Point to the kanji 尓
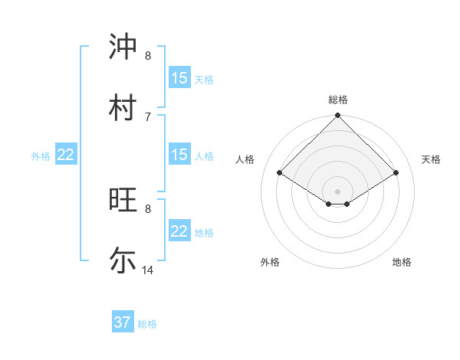[x=123, y=260]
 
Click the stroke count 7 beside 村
[x=148, y=116]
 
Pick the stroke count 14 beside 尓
[x=148, y=270]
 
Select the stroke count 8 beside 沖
[x=148, y=55]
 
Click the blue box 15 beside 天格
[x=179, y=77]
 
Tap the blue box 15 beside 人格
[x=179, y=155]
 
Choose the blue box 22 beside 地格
[x=179, y=231]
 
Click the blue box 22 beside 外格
[x=66, y=155]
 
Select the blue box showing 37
[x=123, y=322]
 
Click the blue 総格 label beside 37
[x=147, y=324]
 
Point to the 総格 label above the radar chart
[x=338, y=100]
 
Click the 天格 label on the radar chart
[x=431, y=159]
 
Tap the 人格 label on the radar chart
[x=245, y=159]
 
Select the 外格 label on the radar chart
[x=270, y=262]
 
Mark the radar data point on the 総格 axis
[x=338, y=116]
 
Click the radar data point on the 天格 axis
[x=396, y=173]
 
